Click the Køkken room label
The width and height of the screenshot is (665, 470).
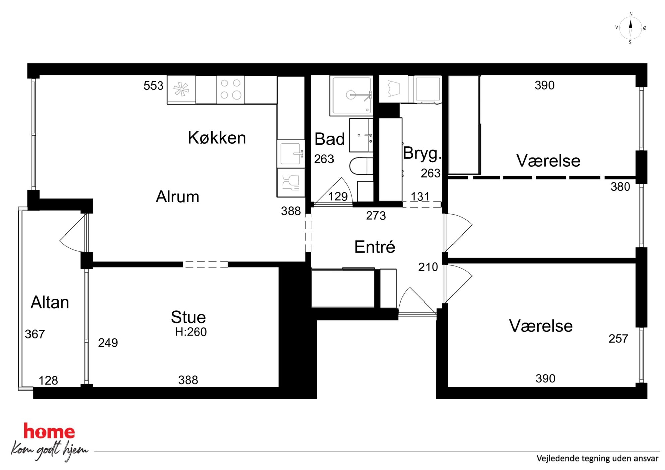pyautogui.click(x=217, y=138)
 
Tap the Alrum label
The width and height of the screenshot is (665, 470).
pyautogui.click(x=177, y=197)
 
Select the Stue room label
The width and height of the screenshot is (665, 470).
pyautogui.click(x=188, y=317)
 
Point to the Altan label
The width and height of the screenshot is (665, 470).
pyautogui.click(x=50, y=302)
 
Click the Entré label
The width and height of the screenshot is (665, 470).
pyautogui.click(x=375, y=247)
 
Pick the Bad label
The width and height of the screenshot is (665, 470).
pyautogui.click(x=329, y=139)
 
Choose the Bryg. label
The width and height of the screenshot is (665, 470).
pyautogui.click(x=422, y=154)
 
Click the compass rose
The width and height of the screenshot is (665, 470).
pyautogui.click(x=630, y=28)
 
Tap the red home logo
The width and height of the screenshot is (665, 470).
pyautogui.click(x=49, y=431)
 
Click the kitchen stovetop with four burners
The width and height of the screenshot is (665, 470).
pyautogui.click(x=231, y=89)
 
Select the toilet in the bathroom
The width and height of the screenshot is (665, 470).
pyautogui.click(x=361, y=166)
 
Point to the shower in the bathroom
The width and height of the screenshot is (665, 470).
pyautogui.click(x=351, y=96)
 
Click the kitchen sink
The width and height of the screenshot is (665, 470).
pyautogui.click(x=291, y=154)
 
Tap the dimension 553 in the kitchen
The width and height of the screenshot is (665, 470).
pyautogui.click(x=154, y=86)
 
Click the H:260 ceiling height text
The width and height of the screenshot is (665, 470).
pyautogui.click(x=191, y=332)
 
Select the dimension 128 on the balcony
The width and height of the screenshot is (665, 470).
pyautogui.click(x=48, y=380)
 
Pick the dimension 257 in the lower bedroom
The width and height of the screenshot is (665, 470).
pyautogui.click(x=618, y=339)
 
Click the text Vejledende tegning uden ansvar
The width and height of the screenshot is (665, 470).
pyautogui.click(x=597, y=458)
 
